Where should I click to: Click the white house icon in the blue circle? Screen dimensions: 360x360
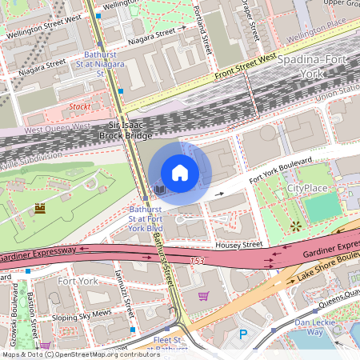pyautogui.click(x=180, y=172)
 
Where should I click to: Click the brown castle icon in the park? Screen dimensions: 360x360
pyautogui.click(x=39, y=209)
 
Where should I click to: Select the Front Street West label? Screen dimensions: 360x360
pyautogui.click(x=244, y=70)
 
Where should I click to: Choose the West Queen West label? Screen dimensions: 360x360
pyautogui.click(x=58, y=128)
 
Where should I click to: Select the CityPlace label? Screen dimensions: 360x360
pyautogui.click(x=307, y=188)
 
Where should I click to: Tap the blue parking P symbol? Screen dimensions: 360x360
pyautogui.click(x=243, y=334)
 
